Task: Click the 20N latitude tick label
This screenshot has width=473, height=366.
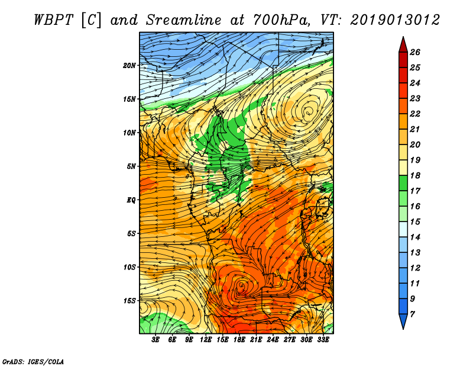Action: click(129, 66)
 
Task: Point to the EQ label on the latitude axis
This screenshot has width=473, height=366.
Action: click(131, 200)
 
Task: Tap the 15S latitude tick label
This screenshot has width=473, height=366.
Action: click(129, 301)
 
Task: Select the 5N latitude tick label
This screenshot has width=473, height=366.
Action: click(131, 166)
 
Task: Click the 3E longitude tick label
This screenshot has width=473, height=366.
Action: click(155, 340)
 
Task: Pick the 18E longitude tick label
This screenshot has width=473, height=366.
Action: click(239, 340)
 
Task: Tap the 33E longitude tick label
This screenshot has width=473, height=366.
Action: click(323, 340)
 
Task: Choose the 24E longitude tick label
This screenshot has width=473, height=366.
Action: click(273, 340)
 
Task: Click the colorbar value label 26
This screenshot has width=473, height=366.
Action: click(415, 52)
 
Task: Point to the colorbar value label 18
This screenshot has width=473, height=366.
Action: click(415, 175)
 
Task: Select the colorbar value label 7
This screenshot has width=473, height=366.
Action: click(412, 314)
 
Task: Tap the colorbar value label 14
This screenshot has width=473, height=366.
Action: click(415, 237)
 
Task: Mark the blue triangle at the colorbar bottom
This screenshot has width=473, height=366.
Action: click(403, 320)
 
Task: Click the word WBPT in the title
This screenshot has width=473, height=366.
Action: click(53, 20)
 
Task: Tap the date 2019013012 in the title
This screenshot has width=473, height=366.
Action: click(395, 20)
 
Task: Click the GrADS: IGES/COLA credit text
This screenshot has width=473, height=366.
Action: click(33, 362)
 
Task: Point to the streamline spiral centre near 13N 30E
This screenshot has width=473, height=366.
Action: click(308, 113)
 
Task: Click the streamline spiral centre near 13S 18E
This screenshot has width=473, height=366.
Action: click(242, 285)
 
